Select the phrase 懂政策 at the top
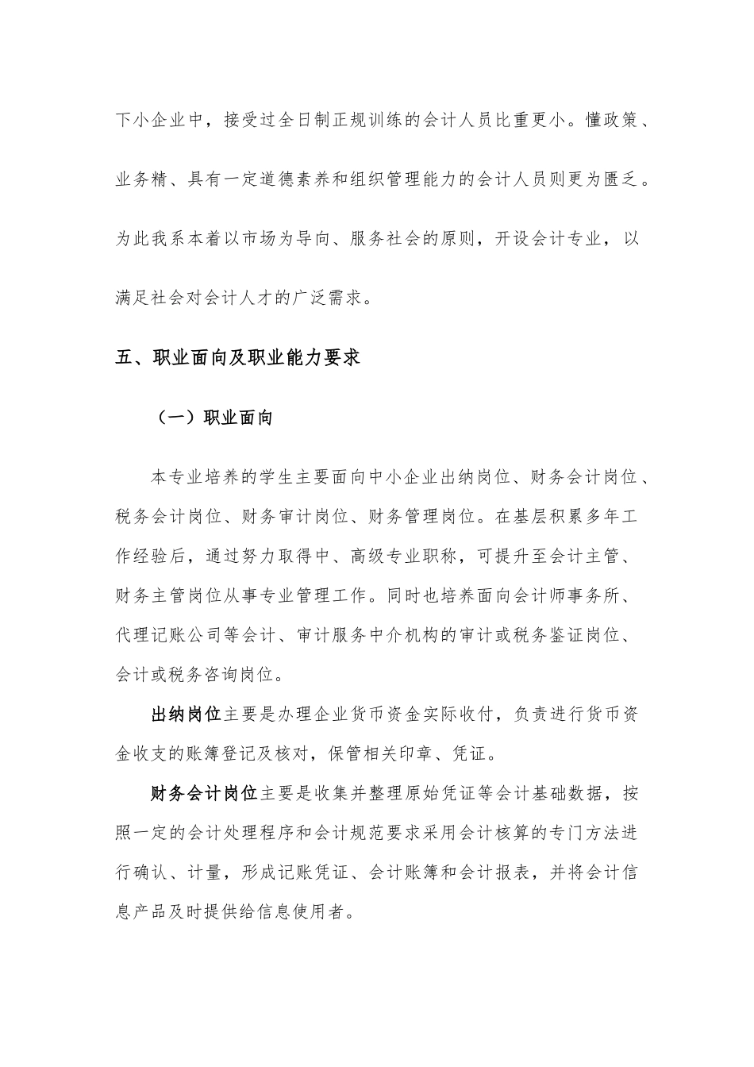[x=611, y=121]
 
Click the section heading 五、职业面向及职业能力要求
[x=238, y=357]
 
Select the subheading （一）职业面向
[x=211, y=417]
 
